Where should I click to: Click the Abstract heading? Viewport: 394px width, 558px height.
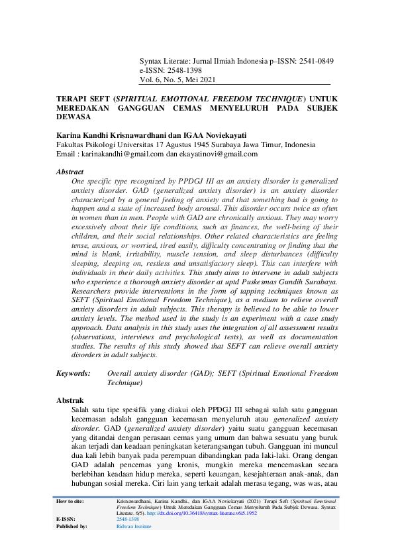tap(70, 172)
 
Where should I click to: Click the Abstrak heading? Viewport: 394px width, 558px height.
tap(69, 401)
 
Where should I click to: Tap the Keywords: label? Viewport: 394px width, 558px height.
tap(73, 374)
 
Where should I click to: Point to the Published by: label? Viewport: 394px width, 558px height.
tap(72, 526)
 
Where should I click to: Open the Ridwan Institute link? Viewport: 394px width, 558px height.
tap(134, 526)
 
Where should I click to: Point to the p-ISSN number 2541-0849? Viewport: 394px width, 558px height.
tap(314, 61)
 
